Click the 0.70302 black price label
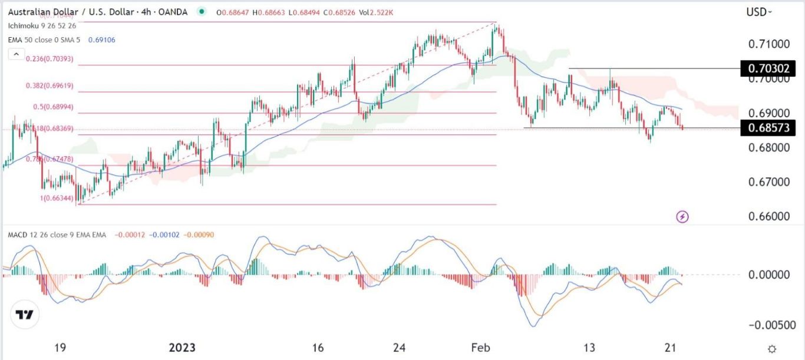[768, 68]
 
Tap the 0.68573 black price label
[768, 127]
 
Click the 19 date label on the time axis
[60, 348]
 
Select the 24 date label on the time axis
[400, 348]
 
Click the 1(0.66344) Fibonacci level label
[57, 199]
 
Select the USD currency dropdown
[758, 12]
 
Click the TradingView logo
[25, 315]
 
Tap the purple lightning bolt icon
[682, 217]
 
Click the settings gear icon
[772, 348]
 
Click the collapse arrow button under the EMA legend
[15, 54]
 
